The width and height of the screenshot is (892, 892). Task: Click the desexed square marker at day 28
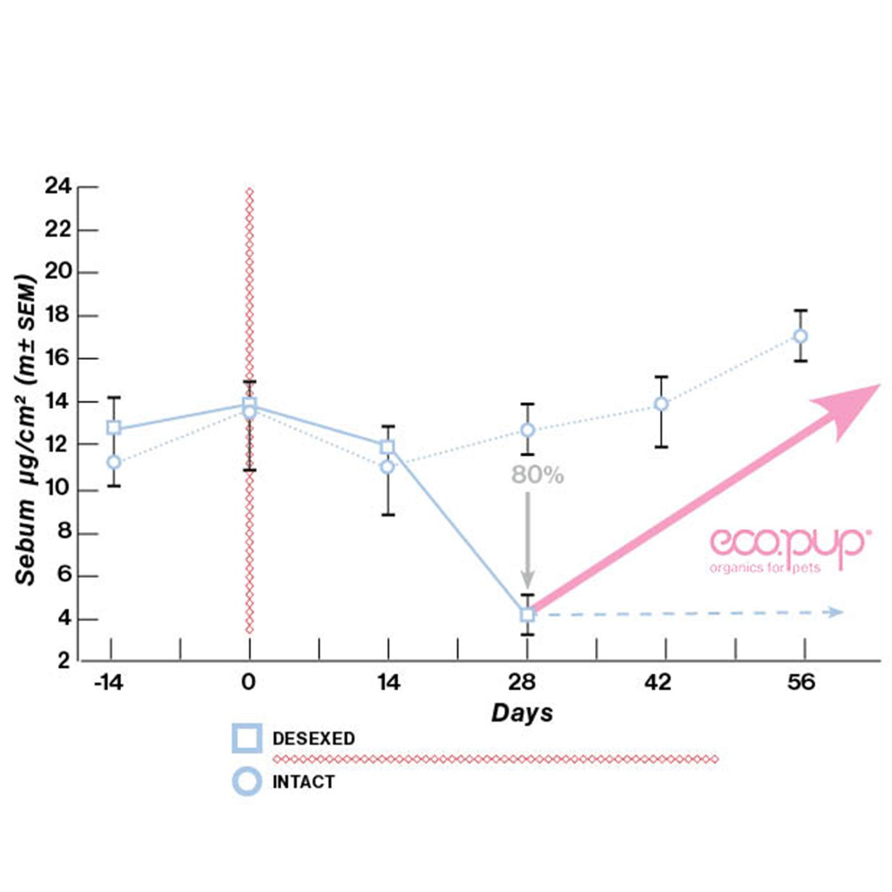(527, 615)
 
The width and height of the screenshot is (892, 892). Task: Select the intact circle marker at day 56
(800, 336)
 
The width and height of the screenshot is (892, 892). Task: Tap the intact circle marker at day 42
(661, 404)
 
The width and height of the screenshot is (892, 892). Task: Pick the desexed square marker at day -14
(113, 428)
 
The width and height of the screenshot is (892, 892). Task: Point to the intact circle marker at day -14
(113, 462)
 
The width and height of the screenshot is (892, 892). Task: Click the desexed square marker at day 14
(387, 447)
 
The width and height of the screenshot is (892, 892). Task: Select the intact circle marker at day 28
(528, 430)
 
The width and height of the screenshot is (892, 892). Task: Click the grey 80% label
(537, 475)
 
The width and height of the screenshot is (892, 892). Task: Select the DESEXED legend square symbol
(247, 738)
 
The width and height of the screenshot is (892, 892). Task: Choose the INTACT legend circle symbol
(247, 782)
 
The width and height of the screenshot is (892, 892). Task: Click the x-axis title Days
(522, 713)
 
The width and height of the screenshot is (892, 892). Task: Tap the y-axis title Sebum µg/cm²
(25, 430)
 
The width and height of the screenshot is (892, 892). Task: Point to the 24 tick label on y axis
(58, 186)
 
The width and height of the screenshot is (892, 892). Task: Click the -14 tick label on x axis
(108, 683)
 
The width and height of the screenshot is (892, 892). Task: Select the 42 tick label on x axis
(658, 683)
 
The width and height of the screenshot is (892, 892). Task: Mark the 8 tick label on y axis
(64, 532)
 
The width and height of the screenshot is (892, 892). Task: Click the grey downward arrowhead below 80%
(528, 580)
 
